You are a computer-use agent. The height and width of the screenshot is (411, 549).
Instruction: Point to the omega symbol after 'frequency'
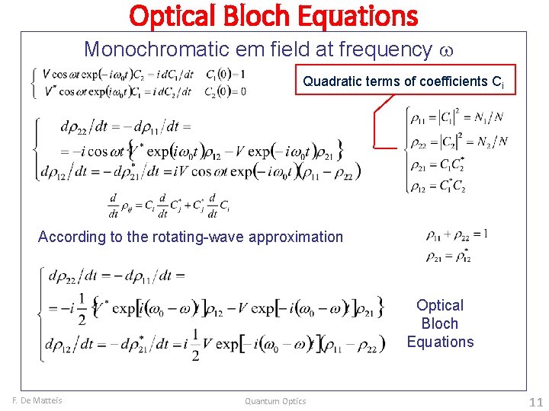coord(448,51)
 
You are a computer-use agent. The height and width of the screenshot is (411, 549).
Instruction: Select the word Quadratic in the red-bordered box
coord(329,80)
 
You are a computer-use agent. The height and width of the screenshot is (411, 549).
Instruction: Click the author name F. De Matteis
coord(37,401)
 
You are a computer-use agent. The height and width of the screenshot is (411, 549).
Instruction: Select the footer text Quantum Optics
coord(275,401)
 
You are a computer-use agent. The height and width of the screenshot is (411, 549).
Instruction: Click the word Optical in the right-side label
coord(440,305)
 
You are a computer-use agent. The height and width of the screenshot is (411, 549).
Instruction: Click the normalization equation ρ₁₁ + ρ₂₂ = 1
coord(457,234)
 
